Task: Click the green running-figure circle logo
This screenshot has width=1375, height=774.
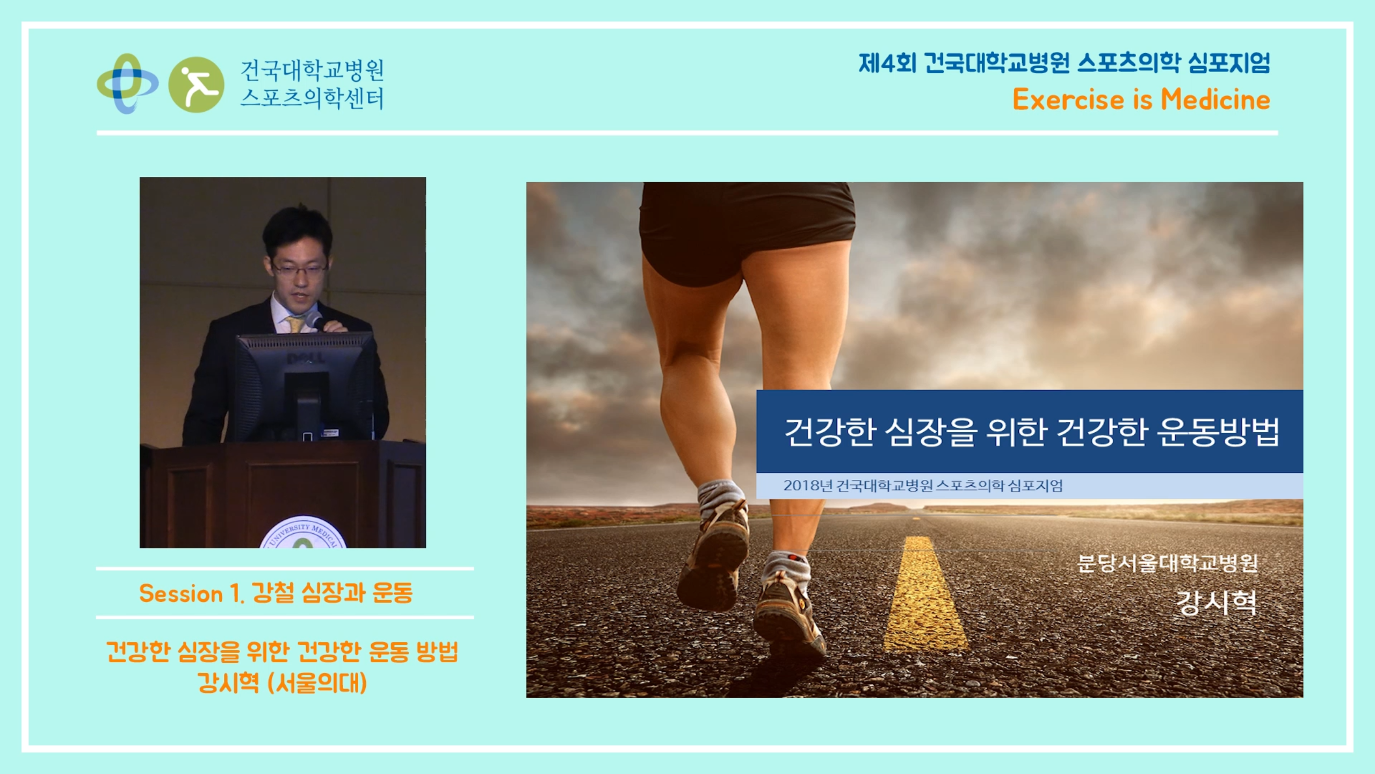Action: click(x=196, y=84)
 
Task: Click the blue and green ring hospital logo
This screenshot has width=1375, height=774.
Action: click(x=127, y=83)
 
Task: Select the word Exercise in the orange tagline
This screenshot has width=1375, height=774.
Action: click(x=1068, y=99)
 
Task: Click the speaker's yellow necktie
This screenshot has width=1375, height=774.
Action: click(x=295, y=324)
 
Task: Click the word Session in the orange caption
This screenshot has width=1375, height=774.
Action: click(x=181, y=593)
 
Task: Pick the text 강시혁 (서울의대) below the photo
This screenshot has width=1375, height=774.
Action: click(x=283, y=683)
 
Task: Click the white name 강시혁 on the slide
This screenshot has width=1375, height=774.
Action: click(x=1217, y=603)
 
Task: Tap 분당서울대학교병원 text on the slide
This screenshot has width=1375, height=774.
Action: click(x=1168, y=563)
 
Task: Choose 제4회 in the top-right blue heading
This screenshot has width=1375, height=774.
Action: click(x=887, y=63)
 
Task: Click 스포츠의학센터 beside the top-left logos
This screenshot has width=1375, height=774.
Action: click(x=312, y=98)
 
